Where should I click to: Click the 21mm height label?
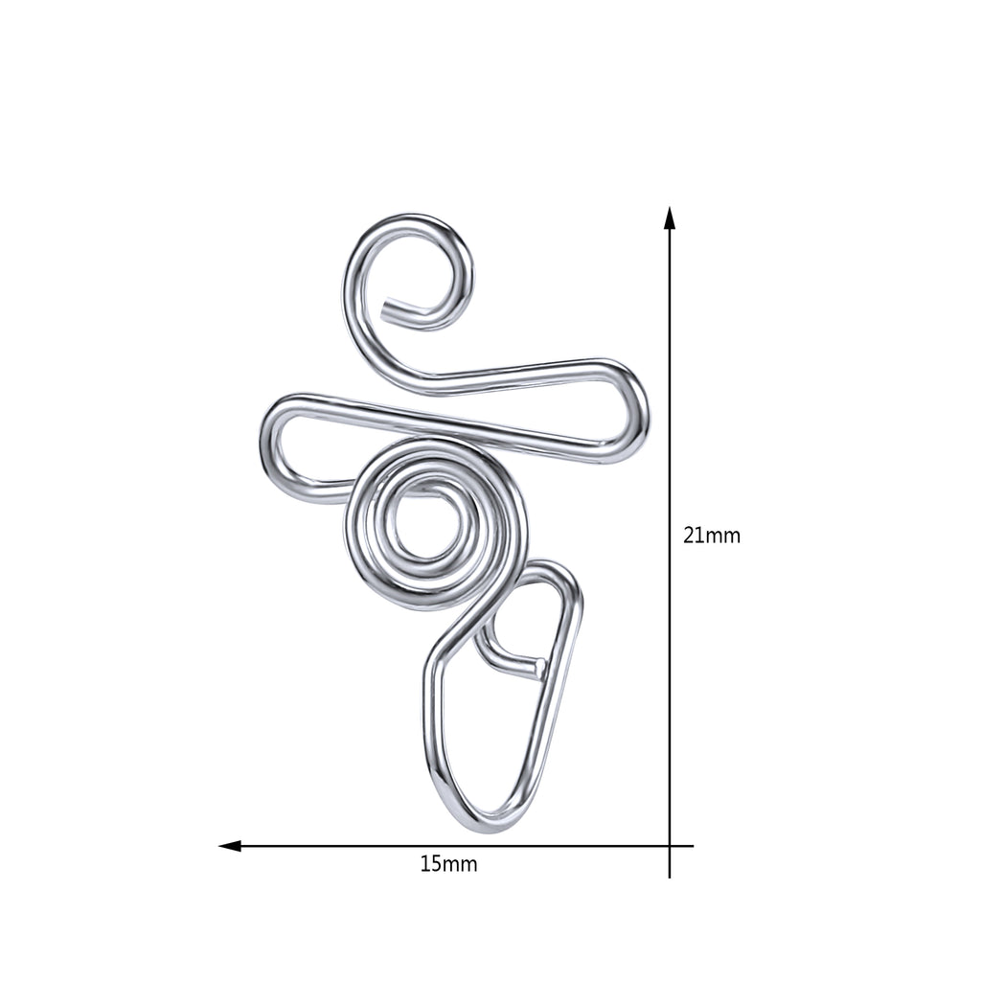(x=712, y=536)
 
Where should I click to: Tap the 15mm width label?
(x=448, y=864)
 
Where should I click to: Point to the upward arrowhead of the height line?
(x=670, y=217)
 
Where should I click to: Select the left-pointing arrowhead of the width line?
(x=230, y=846)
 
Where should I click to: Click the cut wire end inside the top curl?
(x=389, y=308)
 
